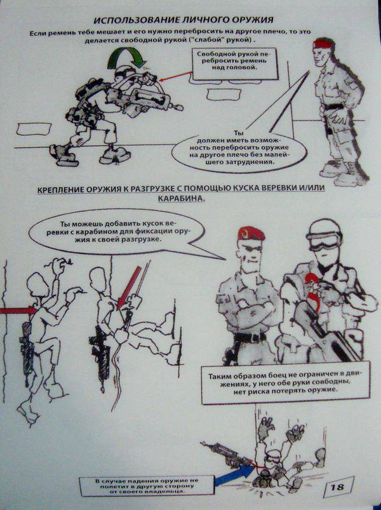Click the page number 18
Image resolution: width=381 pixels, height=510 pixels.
click(x=337, y=487)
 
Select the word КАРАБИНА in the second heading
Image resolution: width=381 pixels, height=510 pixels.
click(x=182, y=198)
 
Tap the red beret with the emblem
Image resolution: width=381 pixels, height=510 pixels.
click(x=250, y=232)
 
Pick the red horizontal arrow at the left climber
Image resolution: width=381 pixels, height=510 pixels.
click(x=18, y=311)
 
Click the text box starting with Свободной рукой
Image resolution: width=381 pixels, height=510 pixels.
click(x=236, y=64)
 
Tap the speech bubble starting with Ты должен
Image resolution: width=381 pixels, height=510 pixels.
click(x=239, y=151)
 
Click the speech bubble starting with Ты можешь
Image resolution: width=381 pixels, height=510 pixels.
click(x=117, y=232)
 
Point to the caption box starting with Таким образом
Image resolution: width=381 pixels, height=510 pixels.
click(x=285, y=382)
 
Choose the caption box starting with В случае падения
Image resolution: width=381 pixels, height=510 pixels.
click(x=147, y=486)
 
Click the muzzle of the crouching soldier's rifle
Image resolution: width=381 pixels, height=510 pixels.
click(x=178, y=107)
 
